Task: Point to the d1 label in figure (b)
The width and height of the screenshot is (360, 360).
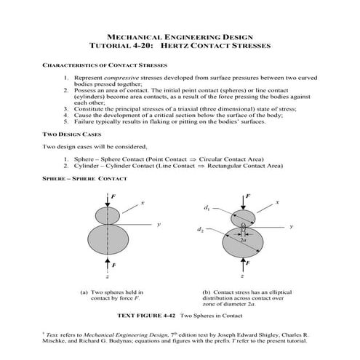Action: pyautogui.click(x=207, y=209)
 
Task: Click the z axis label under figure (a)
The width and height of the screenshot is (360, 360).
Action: pyautogui.click(x=108, y=278)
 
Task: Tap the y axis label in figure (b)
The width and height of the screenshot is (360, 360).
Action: pyautogui.click(x=289, y=227)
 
